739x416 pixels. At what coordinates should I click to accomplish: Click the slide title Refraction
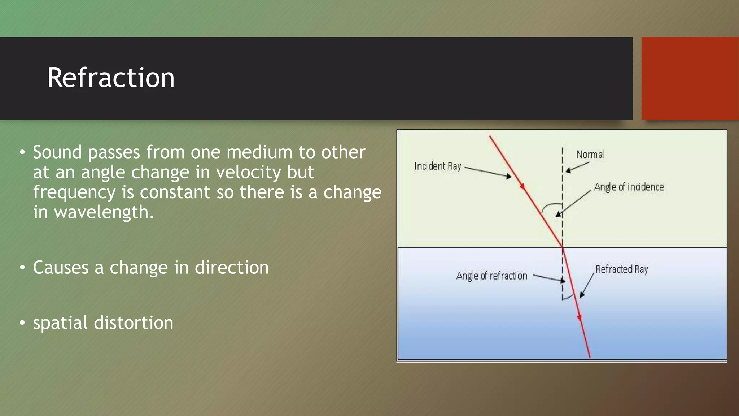coord(111,78)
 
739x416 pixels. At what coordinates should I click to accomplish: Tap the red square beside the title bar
coord(690,78)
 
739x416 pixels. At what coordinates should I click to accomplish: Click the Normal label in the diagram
coord(590,155)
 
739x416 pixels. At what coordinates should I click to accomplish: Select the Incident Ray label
coord(437,166)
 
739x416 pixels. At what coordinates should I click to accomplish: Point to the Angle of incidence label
coord(629,187)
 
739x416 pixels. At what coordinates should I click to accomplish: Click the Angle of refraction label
coord(491,276)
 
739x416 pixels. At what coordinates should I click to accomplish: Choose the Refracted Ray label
coord(621,269)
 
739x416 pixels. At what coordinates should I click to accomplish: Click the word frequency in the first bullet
coord(74,192)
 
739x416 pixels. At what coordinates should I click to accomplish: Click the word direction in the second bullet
coord(232,268)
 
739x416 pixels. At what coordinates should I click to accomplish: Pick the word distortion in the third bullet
coord(134,323)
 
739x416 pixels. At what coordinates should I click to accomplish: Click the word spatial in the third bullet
coord(60,323)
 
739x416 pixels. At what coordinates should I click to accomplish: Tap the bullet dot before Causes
coord(22,268)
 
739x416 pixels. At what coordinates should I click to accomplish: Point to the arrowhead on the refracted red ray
coord(580,317)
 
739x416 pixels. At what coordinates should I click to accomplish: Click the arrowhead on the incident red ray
coord(522,186)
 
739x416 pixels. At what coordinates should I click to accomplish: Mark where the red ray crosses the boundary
coord(562,247)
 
